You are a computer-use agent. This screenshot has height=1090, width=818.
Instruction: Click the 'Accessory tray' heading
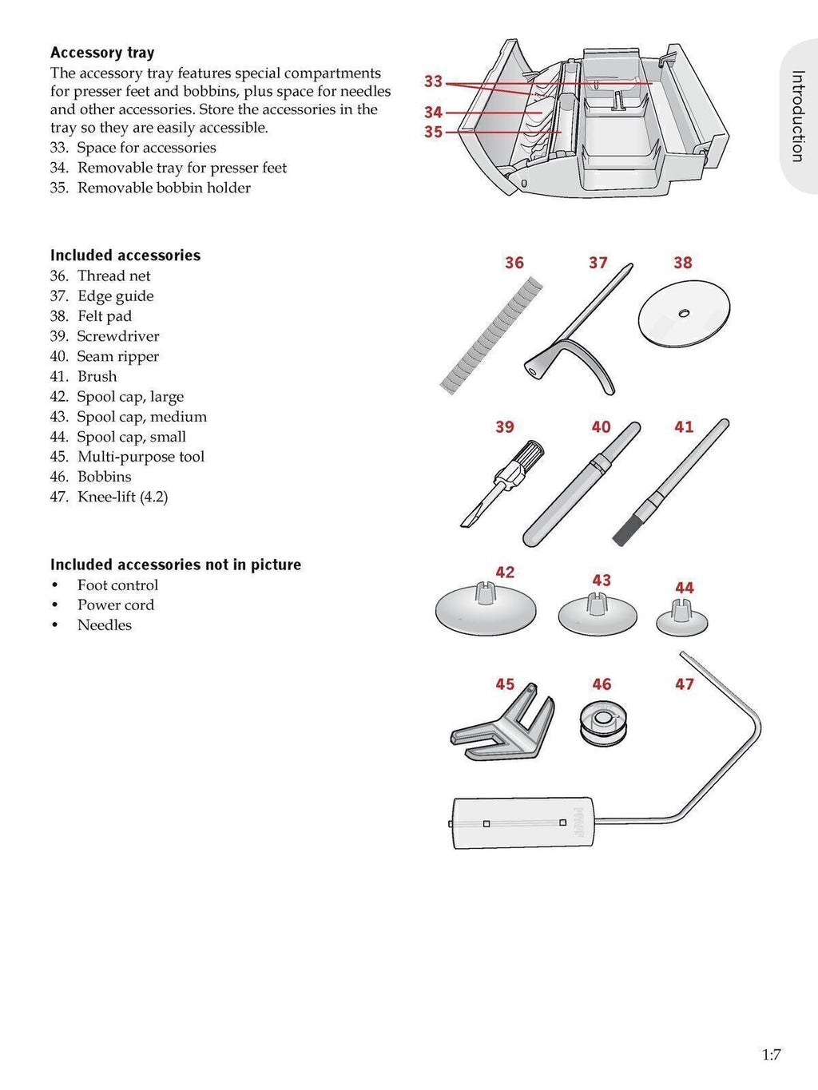(102, 53)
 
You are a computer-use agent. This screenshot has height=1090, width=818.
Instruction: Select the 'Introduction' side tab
(797, 117)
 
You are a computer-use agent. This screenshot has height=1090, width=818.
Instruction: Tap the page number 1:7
(770, 1055)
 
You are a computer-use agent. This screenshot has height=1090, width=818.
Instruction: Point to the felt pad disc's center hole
(683, 313)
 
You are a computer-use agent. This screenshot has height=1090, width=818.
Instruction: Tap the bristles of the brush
(625, 530)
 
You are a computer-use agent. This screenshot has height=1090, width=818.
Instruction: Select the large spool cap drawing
(486, 610)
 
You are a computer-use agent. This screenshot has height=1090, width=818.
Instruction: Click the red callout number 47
(685, 684)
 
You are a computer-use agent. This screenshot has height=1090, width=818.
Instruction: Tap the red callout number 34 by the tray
(433, 113)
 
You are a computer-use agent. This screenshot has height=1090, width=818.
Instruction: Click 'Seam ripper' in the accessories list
(117, 356)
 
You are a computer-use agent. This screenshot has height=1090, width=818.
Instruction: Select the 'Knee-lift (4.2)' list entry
(122, 497)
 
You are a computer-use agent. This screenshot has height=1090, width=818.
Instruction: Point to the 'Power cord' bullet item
(115, 605)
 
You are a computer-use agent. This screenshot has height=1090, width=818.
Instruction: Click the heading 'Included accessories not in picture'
(176, 565)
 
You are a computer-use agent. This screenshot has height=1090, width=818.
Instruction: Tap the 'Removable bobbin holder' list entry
(164, 188)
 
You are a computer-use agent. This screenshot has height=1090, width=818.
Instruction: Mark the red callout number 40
(601, 427)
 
